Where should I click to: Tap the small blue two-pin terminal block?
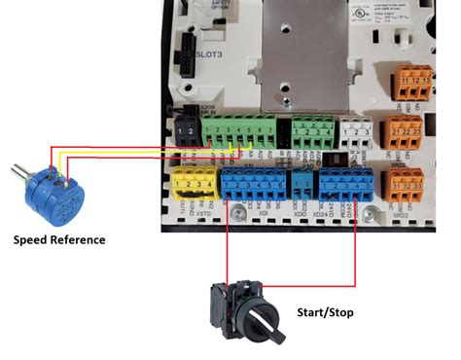click(302, 182)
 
